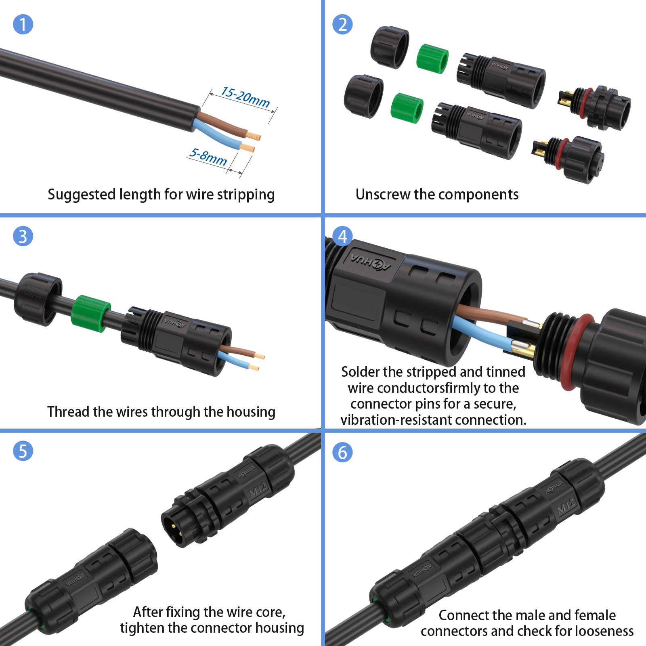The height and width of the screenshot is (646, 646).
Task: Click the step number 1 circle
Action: click(x=23, y=24)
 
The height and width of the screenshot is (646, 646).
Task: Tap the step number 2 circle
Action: click(x=342, y=24)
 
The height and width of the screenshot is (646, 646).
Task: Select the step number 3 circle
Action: click(x=23, y=236)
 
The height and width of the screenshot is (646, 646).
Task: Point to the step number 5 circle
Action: click(x=23, y=451)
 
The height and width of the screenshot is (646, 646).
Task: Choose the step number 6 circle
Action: click(x=342, y=452)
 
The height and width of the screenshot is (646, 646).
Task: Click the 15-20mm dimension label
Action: click(x=245, y=97)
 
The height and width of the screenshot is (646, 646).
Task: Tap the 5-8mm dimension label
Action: click(x=208, y=157)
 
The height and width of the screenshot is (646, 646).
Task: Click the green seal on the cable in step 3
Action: click(x=90, y=313)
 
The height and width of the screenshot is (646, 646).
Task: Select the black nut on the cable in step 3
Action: click(x=38, y=299)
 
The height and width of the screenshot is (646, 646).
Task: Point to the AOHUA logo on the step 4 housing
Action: click(x=371, y=262)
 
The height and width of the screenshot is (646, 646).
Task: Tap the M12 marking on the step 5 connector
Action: click(x=258, y=489)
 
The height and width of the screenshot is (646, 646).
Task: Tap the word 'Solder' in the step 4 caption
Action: click(x=361, y=371)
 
